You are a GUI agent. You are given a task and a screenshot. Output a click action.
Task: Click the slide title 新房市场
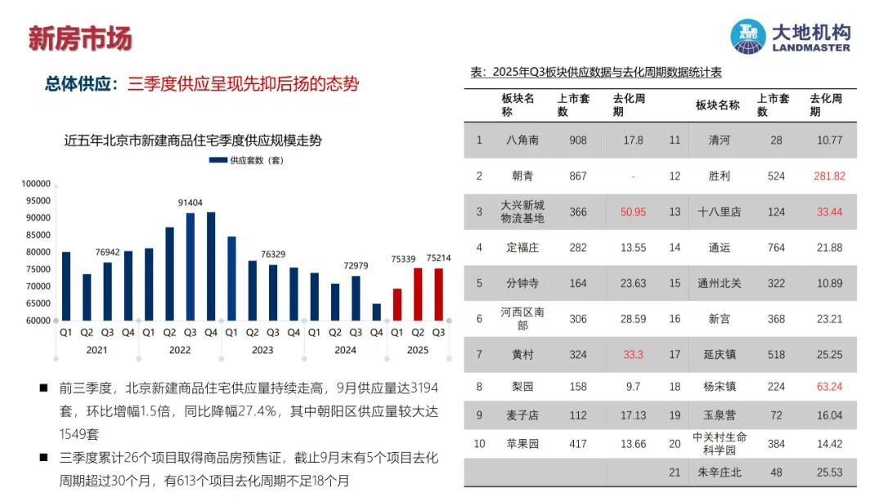tap(79, 38)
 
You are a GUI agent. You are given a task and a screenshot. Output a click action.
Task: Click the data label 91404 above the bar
tap(190, 202)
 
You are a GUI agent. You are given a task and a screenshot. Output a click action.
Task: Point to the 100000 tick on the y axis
tap(35, 184)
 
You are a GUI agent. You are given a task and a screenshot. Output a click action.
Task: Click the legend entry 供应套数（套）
tap(246, 160)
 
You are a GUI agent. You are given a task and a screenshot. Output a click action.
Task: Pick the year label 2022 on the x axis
tap(180, 350)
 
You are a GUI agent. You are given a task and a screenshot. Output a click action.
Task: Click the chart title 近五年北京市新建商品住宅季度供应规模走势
tap(193, 141)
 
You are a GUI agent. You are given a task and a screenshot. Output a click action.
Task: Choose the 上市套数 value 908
tap(578, 140)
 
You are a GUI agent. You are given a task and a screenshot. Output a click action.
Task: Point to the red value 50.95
tap(633, 212)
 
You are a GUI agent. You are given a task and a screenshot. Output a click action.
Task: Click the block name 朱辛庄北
tap(719, 472)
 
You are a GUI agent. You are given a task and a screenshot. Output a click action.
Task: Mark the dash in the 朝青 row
tap(633, 176)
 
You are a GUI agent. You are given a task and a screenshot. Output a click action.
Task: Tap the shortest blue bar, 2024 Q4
tap(376, 312)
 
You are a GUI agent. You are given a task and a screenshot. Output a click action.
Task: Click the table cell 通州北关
tap(719, 283)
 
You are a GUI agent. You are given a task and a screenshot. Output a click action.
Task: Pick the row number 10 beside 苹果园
tap(480, 444)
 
